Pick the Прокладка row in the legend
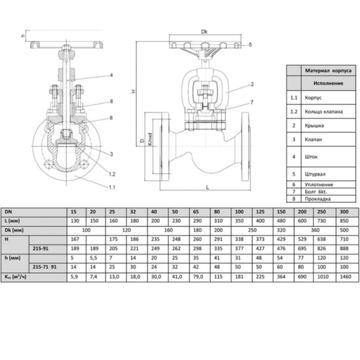click(x=317, y=199)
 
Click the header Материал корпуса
click(x=329, y=70)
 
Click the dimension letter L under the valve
click(x=207, y=188)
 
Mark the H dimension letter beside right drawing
click(x=133, y=92)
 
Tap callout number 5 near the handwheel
click(x=250, y=45)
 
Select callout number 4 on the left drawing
click(x=111, y=76)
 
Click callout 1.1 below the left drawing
click(x=112, y=187)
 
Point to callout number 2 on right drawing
click(x=252, y=84)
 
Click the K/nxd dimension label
click(x=150, y=138)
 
